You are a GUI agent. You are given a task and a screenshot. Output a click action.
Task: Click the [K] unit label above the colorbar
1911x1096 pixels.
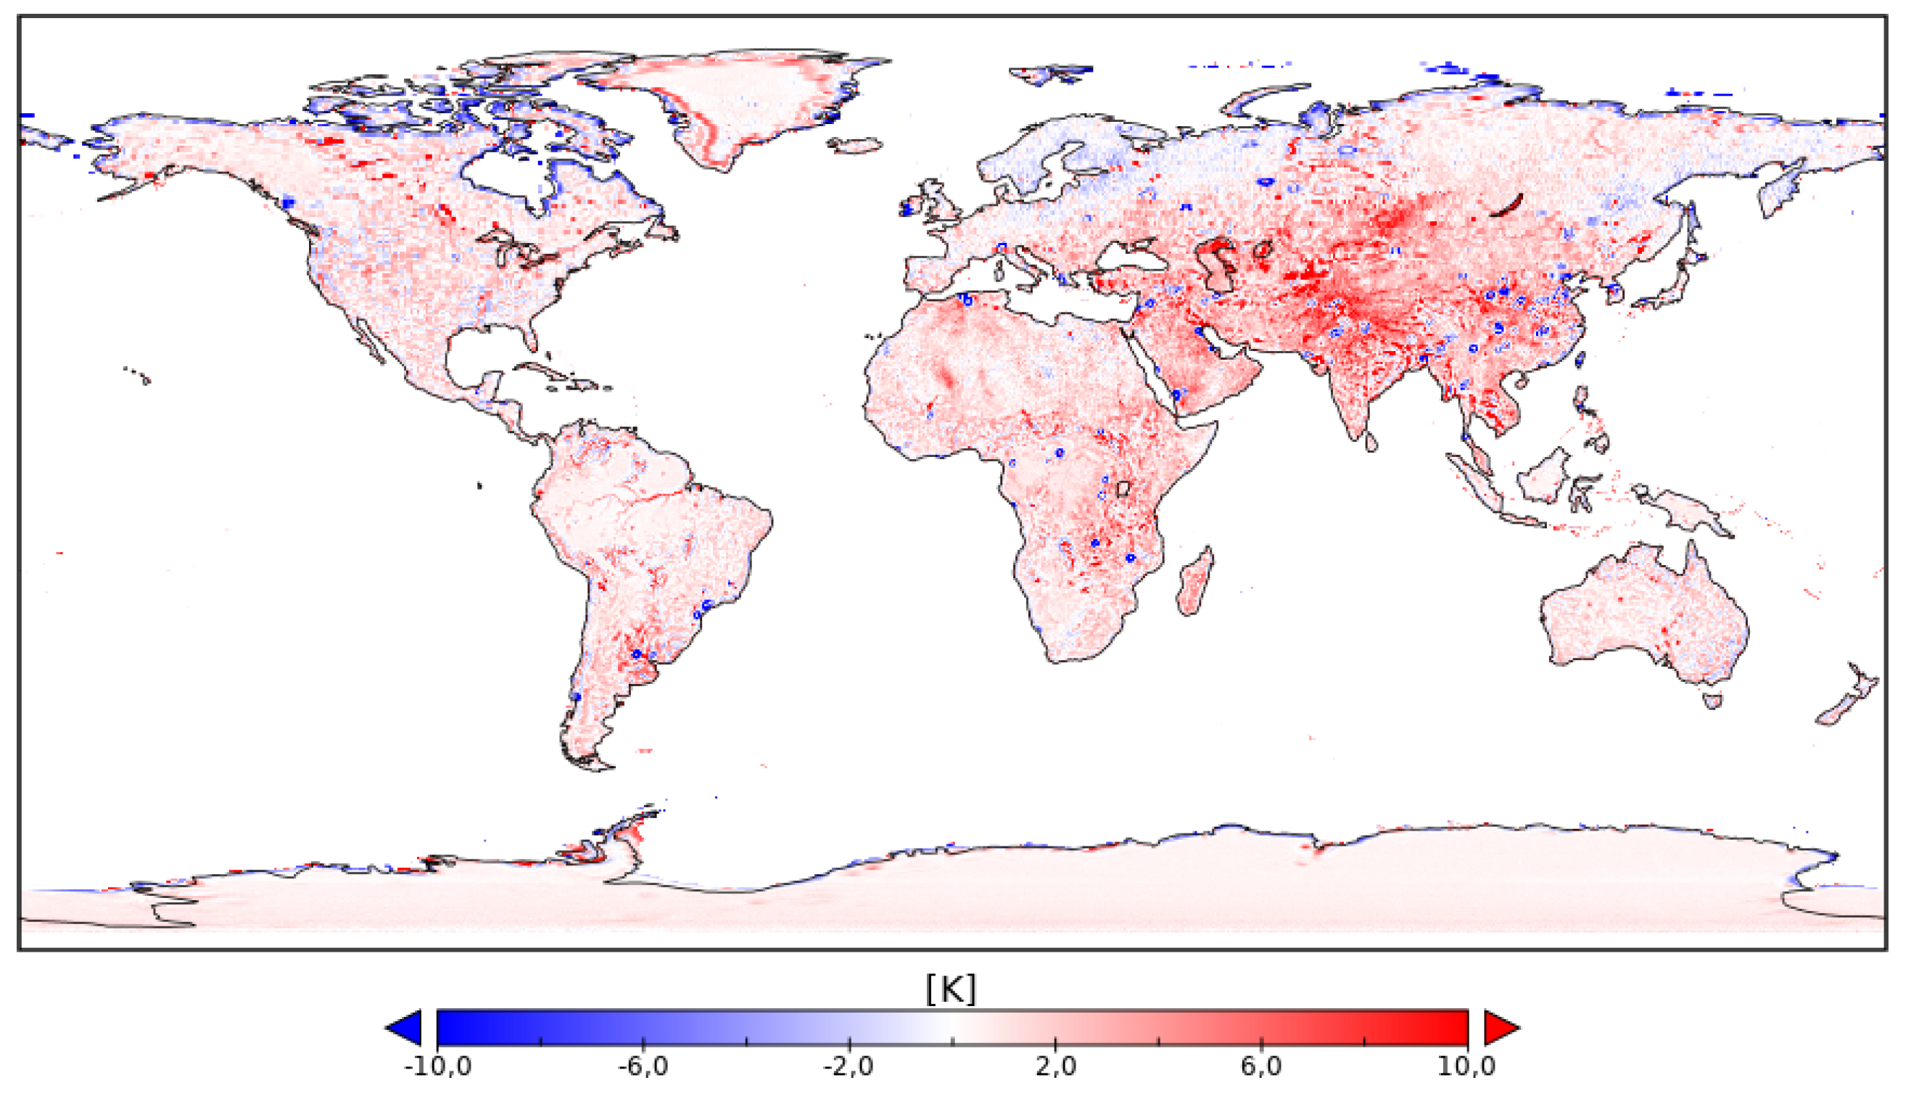pos(952,989)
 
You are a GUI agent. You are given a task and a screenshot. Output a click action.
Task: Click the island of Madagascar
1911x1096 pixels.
pos(1195,583)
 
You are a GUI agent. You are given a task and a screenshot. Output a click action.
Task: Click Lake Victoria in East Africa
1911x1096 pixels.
pos(1123,489)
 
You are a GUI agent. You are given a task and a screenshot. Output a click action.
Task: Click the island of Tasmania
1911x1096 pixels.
pos(1712,701)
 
